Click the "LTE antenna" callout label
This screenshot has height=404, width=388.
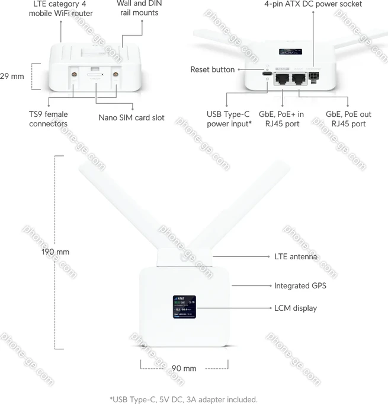[296, 257]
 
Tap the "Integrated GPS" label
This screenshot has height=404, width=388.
[300, 286]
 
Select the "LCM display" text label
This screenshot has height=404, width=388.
[295, 308]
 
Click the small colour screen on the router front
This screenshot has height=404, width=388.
[185, 306]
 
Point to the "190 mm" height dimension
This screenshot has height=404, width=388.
[55, 252]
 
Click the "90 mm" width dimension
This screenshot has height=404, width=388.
[184, 368]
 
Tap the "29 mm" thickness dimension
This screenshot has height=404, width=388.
[12, 77]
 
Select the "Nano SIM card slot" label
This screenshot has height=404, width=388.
[132, 117]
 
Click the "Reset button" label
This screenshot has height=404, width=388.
[212, 69]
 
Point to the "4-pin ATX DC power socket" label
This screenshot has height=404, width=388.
[313, 5]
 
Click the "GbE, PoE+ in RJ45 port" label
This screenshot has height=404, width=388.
[283, 119]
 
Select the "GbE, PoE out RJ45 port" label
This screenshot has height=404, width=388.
[348, 119]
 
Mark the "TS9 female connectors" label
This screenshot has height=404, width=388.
[48, 119]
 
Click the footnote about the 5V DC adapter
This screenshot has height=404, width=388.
[184, 399]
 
